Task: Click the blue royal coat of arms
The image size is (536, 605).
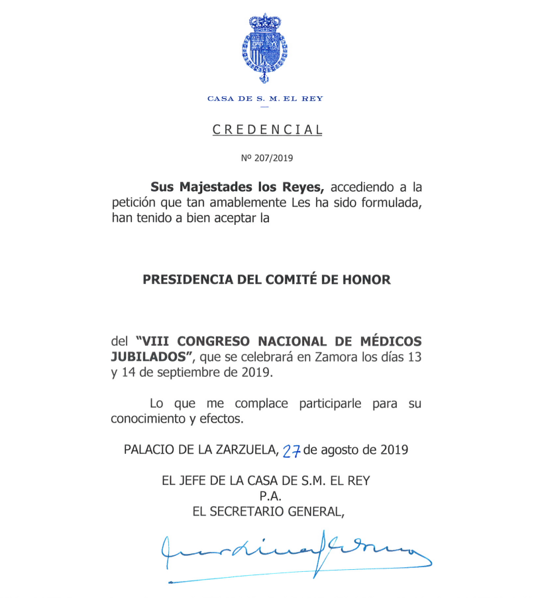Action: [x=264, y=48]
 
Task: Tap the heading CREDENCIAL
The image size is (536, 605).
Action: [x=267, y=130]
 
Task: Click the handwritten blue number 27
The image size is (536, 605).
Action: [x=292, y=451]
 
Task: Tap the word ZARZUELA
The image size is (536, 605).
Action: [x=242, y=450]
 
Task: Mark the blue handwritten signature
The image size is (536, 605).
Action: [x=292, y=550]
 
